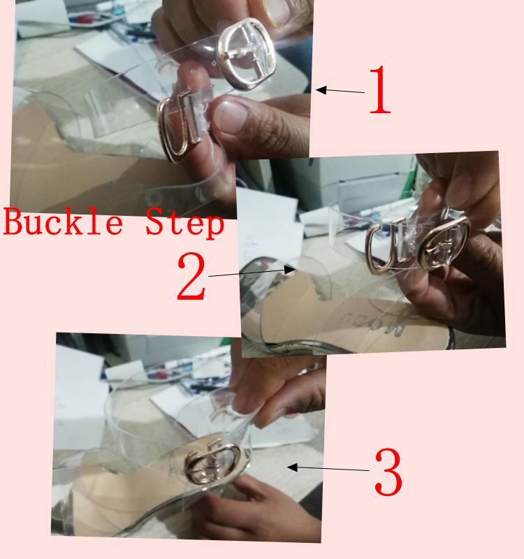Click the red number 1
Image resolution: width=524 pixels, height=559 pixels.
point(380,90)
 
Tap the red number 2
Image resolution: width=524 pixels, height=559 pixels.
point(191,275)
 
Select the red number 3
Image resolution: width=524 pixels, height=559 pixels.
point(388,472)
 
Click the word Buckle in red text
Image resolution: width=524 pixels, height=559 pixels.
point(63,222)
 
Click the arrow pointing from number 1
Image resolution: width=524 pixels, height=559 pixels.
point(340,90)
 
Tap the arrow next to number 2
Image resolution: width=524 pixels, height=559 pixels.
point(252,272)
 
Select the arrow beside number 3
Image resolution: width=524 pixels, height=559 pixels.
point(328,468)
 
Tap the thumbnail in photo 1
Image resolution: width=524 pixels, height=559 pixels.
point(231,117)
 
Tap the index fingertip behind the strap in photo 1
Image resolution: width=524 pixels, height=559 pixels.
point(194,76)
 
